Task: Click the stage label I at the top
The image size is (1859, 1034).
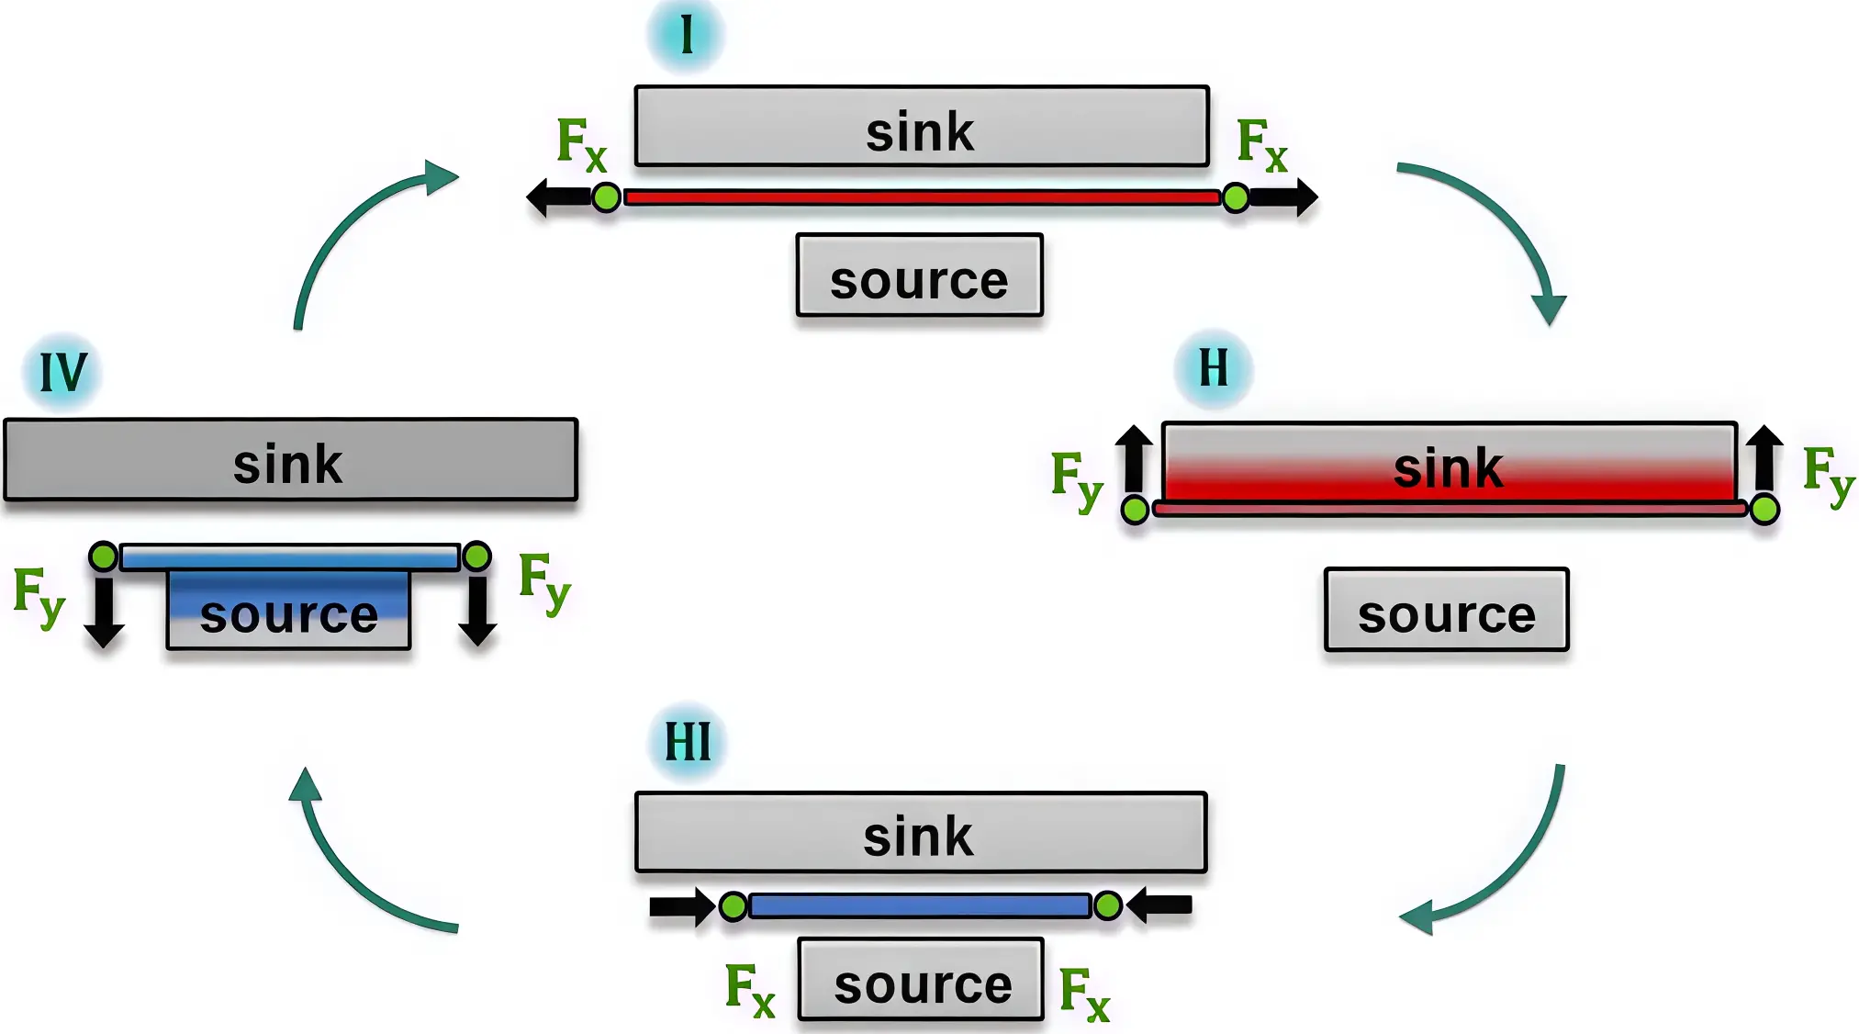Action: (x=686, y=35)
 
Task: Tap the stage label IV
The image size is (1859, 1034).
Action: (x=62, y=372)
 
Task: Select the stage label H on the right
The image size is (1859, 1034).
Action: (x=1213, y=368)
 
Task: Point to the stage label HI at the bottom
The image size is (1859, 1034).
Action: (x=688, y=742)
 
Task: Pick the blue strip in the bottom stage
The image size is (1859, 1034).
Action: (x=920, y=906)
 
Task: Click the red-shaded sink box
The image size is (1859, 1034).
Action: (x=1449, y=463)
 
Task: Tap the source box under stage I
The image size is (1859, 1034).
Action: (x=919, y=275)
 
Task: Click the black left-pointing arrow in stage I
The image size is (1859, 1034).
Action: (x=558, y=197)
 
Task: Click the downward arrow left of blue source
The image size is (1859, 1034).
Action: (x=104, y=611)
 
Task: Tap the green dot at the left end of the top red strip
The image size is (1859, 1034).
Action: (x=606, y=197)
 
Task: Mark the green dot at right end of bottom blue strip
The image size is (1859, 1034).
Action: (x=1108, y=906)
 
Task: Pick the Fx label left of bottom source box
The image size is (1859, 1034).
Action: (x=749, y=990)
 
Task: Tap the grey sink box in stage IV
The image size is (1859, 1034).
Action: (x=290, y=460)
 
